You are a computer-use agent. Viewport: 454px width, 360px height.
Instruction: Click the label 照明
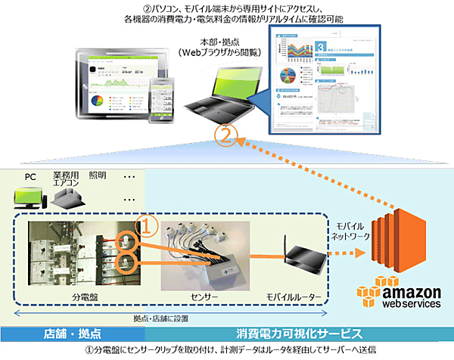pyautogui.click(x=98, y=175)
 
